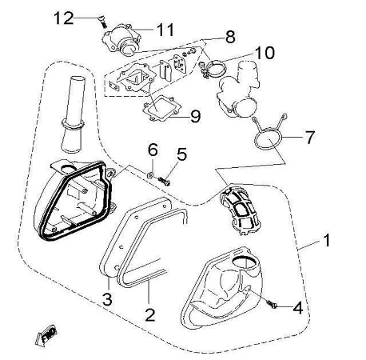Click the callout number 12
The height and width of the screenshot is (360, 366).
64,18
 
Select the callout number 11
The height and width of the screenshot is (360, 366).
165,30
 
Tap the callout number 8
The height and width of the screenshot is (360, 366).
230,37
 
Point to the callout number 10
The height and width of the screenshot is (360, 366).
265,53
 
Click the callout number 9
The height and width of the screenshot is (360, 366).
196,116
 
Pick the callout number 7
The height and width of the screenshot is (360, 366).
310,138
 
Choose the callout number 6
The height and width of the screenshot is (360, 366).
153,150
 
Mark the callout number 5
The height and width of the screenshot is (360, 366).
181,154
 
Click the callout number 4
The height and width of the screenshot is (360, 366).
298,307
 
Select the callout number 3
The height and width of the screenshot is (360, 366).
107,299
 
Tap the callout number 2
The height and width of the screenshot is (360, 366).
150,314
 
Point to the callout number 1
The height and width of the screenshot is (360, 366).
326,240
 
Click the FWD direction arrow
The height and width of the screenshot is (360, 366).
46,335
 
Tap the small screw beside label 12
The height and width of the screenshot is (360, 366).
101,22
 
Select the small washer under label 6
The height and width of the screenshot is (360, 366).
150,175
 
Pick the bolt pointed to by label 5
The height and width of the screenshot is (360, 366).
164,182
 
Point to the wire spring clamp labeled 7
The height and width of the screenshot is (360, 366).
269,130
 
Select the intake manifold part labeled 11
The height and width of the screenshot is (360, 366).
121,39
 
